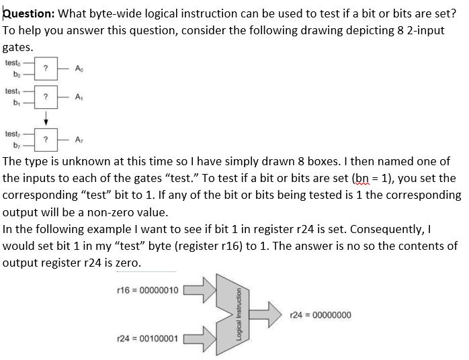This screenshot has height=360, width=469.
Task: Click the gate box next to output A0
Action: pyautogui.click(x=44, y=69)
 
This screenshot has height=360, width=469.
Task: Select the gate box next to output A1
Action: pyautogui.click(x=44, y=97)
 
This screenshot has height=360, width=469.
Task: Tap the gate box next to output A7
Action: pyautogui.click(x=44, y=139)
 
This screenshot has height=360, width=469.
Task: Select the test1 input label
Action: pyautogui.click(x=13, y=91)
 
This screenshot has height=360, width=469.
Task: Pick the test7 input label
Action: pyautogui.click(x=13, y=133)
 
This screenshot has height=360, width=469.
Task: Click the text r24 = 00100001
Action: pyautogui.click(x=146, y=338)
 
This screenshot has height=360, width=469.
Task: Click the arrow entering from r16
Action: pyautogui.click(x=204, y=290)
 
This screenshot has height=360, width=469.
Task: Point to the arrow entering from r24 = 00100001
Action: pyautogui.click(x=204, y=338)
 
